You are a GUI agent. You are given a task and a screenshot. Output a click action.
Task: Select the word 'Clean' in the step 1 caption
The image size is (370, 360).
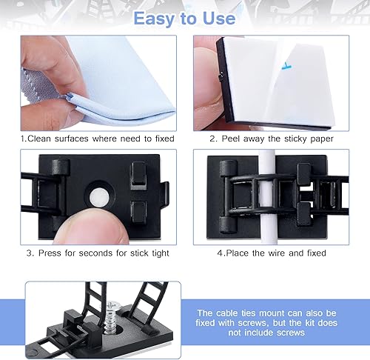point(44,138)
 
